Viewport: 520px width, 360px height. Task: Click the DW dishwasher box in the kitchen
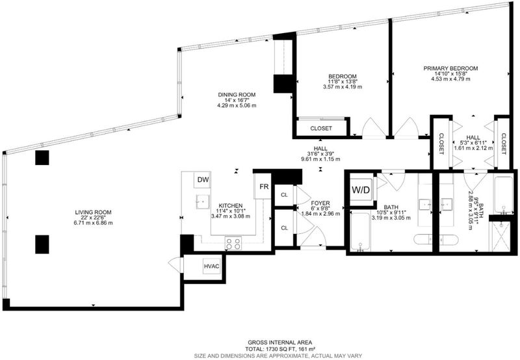click(203, 180)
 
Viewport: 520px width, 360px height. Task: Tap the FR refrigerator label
click(264, 186)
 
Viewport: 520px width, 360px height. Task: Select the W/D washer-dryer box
click(361, 190)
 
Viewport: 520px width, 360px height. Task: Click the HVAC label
click(212, 266)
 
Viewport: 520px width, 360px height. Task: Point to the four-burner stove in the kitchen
click(233, 244)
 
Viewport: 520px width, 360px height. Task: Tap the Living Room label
click(93, 212)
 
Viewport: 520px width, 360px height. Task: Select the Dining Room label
click(237, 95)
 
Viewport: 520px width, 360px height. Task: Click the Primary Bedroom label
click(450, 68)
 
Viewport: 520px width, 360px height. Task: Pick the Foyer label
click(320, 203)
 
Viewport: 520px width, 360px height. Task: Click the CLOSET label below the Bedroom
click(321, 128)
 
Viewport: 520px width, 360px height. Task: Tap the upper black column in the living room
click(42, 158)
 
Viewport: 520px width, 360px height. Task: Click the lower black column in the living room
click(42, 244)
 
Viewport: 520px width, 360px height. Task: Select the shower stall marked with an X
click(500, 237)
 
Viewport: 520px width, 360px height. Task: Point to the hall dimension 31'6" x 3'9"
click(320, 154)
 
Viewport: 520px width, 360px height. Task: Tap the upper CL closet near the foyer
click(284, 195)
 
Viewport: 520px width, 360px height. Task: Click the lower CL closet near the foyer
click(284, 228)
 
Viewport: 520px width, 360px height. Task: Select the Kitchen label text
click(231, 205)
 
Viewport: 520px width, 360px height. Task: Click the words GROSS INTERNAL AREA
click(280, 342)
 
